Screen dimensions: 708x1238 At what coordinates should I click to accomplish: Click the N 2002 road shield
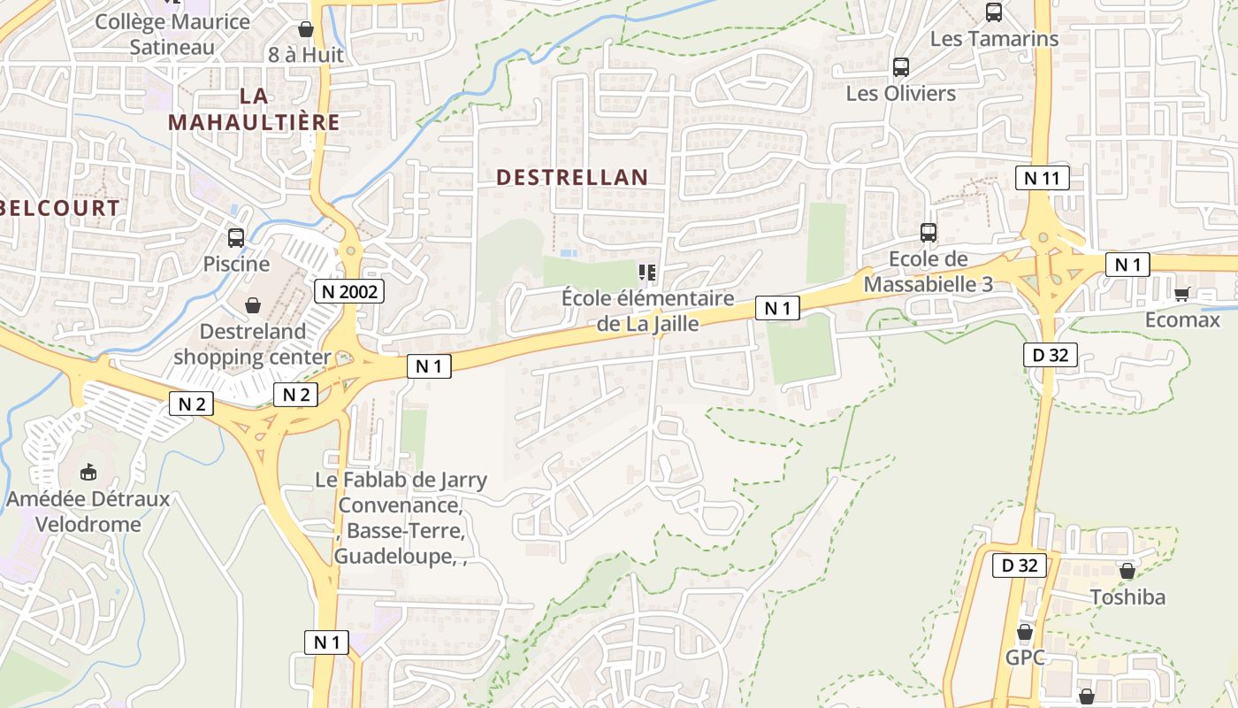[349, 290]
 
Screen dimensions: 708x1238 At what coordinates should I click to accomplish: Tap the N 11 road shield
[1042, 178]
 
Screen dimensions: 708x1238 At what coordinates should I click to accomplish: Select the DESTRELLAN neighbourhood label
[572, 177]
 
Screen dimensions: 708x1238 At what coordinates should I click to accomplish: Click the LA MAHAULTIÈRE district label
[254, 109]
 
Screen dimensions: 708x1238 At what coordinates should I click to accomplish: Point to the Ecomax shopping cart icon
[1181, 294]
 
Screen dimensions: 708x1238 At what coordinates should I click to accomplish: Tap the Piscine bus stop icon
[236, 237]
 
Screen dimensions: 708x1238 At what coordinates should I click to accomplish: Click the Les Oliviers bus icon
[901, 66]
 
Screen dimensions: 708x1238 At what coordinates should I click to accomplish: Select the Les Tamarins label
[994, 39]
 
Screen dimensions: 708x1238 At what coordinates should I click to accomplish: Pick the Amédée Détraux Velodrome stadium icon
[88, 473]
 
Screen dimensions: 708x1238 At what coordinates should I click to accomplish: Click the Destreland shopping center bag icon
[253, 305]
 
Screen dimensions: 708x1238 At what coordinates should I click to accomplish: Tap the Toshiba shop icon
[1127, 571]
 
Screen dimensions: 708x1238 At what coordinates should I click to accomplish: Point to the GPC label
[1025, 658]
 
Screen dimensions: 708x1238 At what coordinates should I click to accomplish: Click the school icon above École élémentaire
[647, 272]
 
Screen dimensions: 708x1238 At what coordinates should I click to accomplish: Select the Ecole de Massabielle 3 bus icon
[928, 233]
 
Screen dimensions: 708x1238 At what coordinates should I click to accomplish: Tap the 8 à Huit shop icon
[306, 29]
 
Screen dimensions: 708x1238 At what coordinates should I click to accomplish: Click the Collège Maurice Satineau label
[172, 34]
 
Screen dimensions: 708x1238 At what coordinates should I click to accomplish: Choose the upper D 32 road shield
[1051, 355]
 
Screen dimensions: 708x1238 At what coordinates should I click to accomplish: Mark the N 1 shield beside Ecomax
[1127, 265]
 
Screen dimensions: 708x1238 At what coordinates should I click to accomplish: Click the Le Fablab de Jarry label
[401, 481]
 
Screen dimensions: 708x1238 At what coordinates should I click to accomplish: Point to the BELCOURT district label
[60, 209]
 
